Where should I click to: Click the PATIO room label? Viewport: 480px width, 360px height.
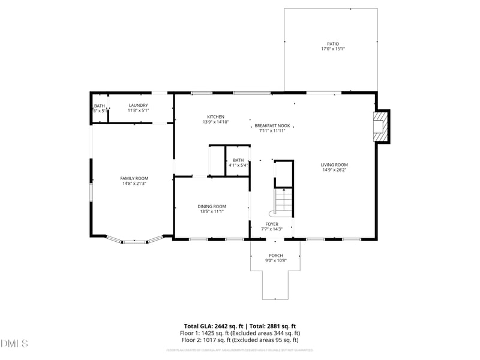(x=332, y=44)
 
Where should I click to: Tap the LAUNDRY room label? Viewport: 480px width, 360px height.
(x=138, y=106)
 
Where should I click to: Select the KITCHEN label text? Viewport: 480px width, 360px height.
(x=216, y=117)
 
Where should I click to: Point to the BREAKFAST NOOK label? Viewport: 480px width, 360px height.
(x=272, y=125)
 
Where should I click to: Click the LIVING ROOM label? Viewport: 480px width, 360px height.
(x=334, y=165)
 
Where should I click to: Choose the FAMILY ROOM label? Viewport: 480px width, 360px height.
(x=134, y=178)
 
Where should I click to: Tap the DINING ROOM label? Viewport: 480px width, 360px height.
(x=212, y=206)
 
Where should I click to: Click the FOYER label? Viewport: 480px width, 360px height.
(x=272, y=224)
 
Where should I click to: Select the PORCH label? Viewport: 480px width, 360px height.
(x=275, y=256)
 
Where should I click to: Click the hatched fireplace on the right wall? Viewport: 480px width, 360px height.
(x=380, y=126)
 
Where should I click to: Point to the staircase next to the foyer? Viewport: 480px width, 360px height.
(x=283, y=201)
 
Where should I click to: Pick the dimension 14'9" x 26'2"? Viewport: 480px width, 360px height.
(x=334, y=170)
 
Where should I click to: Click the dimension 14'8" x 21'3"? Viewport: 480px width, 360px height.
(x=134, y=184)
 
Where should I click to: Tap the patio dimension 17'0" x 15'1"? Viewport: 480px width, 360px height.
(x=332, y=49)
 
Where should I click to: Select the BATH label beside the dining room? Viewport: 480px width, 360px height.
(x=238, y=160)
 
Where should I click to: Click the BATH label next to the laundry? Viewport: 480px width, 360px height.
(x=99, y=106)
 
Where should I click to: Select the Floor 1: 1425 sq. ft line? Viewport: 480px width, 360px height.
(x=240, y=332)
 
